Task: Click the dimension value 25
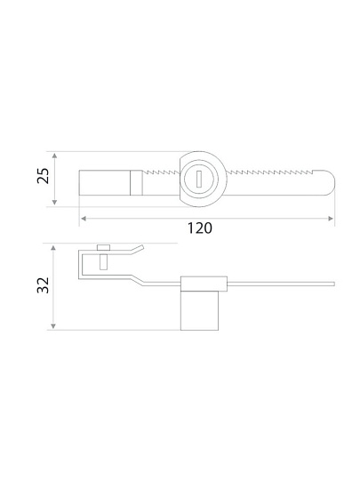[43, 176]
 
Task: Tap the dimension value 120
[199, 228]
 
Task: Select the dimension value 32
[43, 285]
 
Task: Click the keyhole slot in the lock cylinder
[199, 179]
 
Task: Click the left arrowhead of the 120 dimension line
[84, 219]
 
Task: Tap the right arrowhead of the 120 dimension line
[331, 219]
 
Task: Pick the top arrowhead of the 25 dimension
[54, 156]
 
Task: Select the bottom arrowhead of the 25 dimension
[54, 202]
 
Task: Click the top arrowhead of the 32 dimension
[53, 248]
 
